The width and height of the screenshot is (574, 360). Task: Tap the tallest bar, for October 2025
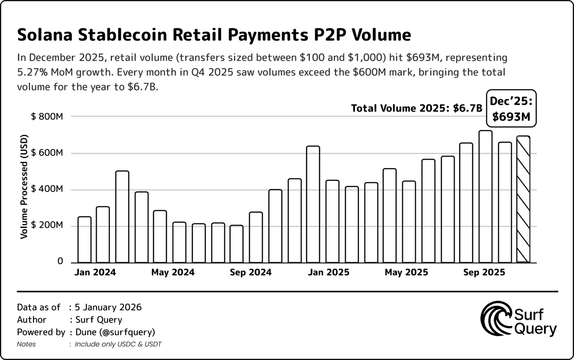(486, 196)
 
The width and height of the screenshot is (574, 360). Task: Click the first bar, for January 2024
(84, 239)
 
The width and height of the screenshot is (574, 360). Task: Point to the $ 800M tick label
(47, 117)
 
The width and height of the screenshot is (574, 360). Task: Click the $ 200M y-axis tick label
(47, 225)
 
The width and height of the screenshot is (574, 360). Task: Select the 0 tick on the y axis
(60, 261)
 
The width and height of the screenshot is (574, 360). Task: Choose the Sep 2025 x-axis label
(485, 272)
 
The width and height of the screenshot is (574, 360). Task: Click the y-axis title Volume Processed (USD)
(23, 189)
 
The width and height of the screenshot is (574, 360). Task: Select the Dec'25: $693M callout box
(512, 109)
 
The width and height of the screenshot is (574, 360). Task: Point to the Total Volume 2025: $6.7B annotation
(417, 109)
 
